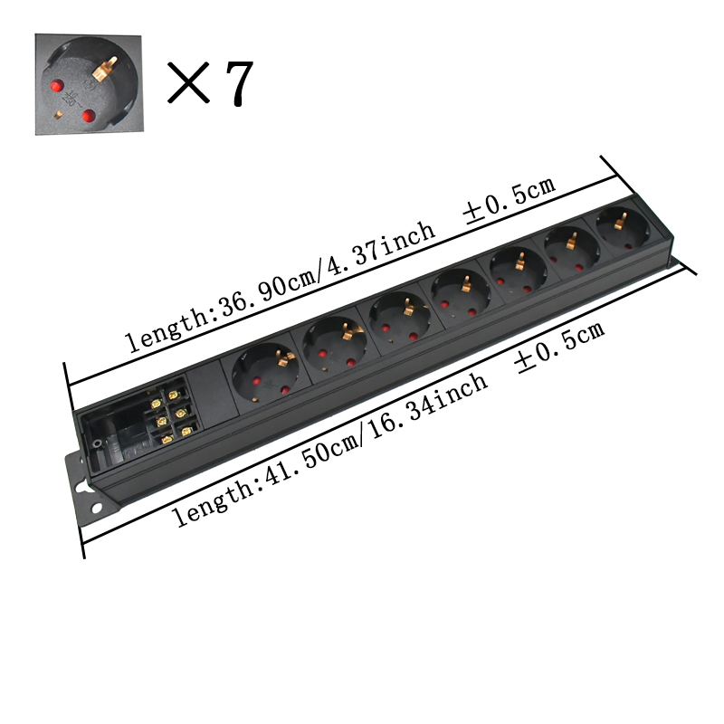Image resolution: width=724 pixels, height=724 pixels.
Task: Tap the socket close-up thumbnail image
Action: tap(89, 84)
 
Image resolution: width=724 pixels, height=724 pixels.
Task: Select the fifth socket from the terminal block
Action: tap(516, 267)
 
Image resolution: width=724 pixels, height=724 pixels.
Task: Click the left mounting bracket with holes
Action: tap(84, 488)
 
